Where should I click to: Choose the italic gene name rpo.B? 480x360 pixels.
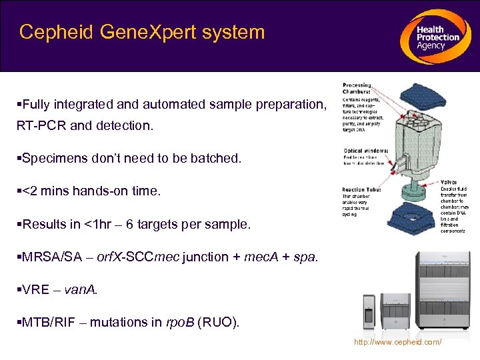(179, 323)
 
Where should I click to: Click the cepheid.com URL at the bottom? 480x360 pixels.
(397, 342)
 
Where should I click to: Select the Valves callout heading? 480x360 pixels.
(449, 181)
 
